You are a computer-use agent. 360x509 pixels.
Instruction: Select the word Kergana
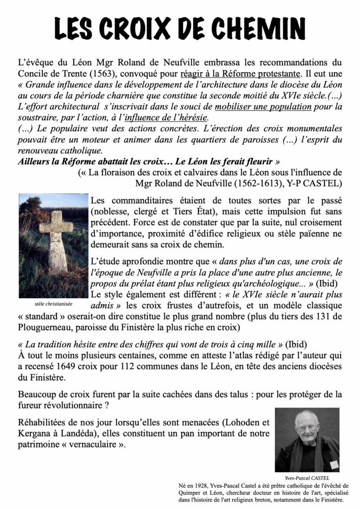(35, 434)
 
